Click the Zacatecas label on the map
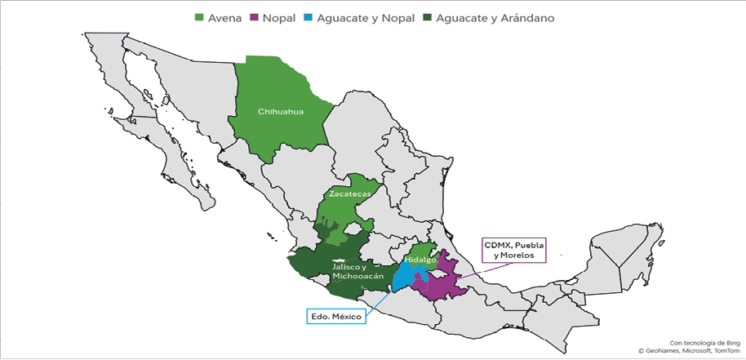[349, 194]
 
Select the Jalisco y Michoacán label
[355, 272]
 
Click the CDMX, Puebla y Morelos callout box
[513, 250]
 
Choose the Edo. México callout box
[335, 314]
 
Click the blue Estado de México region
[402, 275]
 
